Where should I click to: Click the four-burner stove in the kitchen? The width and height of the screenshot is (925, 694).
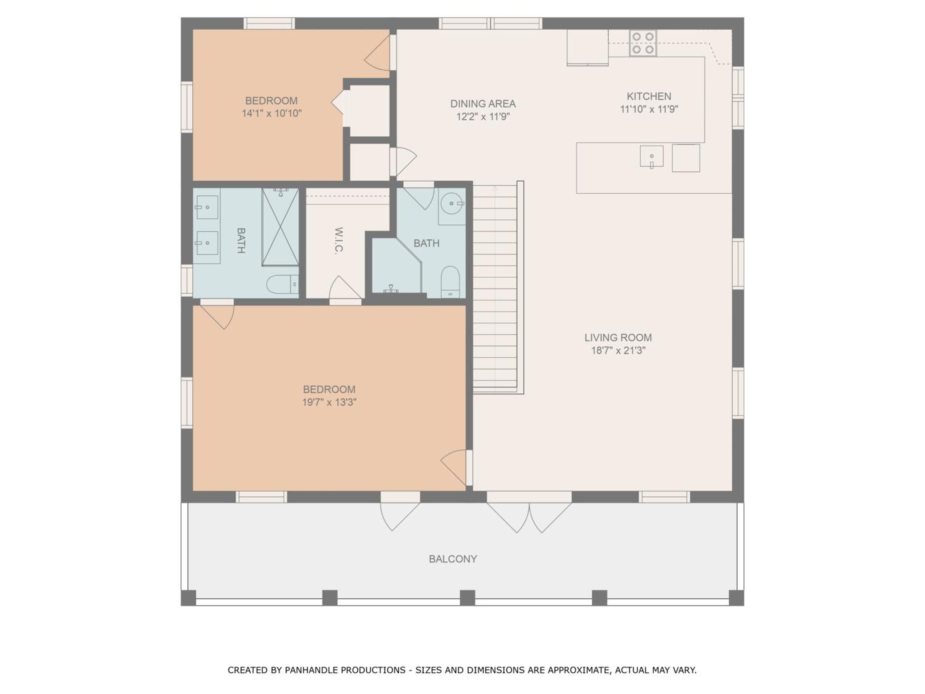click(x=643, y=43)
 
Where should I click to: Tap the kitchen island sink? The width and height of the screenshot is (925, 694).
click(x=652, y=156)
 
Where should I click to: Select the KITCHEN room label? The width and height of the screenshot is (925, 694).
click(x=649, y=96)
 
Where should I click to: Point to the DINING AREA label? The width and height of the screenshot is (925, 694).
click(x=483, y=103)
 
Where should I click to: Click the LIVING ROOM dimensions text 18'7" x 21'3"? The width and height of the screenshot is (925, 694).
click(x=618, y=350)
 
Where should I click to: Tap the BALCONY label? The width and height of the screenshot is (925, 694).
click(x=453, y=559)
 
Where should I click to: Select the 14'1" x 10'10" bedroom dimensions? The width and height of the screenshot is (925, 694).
click(x=271, y=114)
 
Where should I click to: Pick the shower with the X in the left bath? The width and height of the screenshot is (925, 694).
click(x=280, y=227)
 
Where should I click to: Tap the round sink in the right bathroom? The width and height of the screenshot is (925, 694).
click(x=452, y=203)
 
